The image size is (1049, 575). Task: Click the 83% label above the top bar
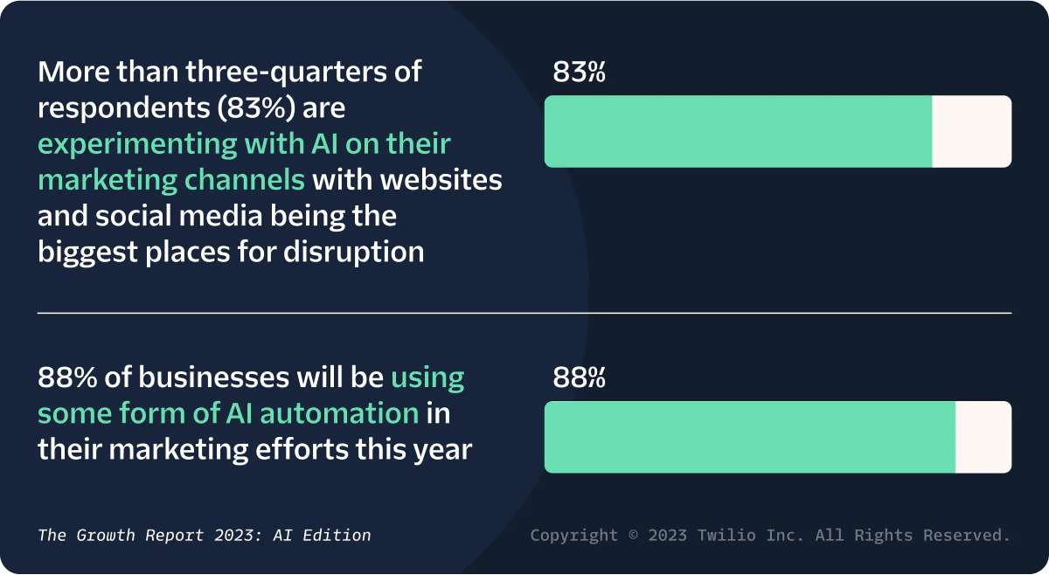point(579,73)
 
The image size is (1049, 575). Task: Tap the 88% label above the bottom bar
point(579,378)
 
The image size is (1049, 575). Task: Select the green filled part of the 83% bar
point(738,131)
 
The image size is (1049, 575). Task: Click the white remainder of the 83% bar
point(971,131)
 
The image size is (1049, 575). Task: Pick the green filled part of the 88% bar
point(749,437)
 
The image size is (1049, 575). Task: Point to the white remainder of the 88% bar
point(983,437)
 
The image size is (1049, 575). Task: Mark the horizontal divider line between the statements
point(524,312)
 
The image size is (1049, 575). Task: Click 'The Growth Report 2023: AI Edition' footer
point(205,535)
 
